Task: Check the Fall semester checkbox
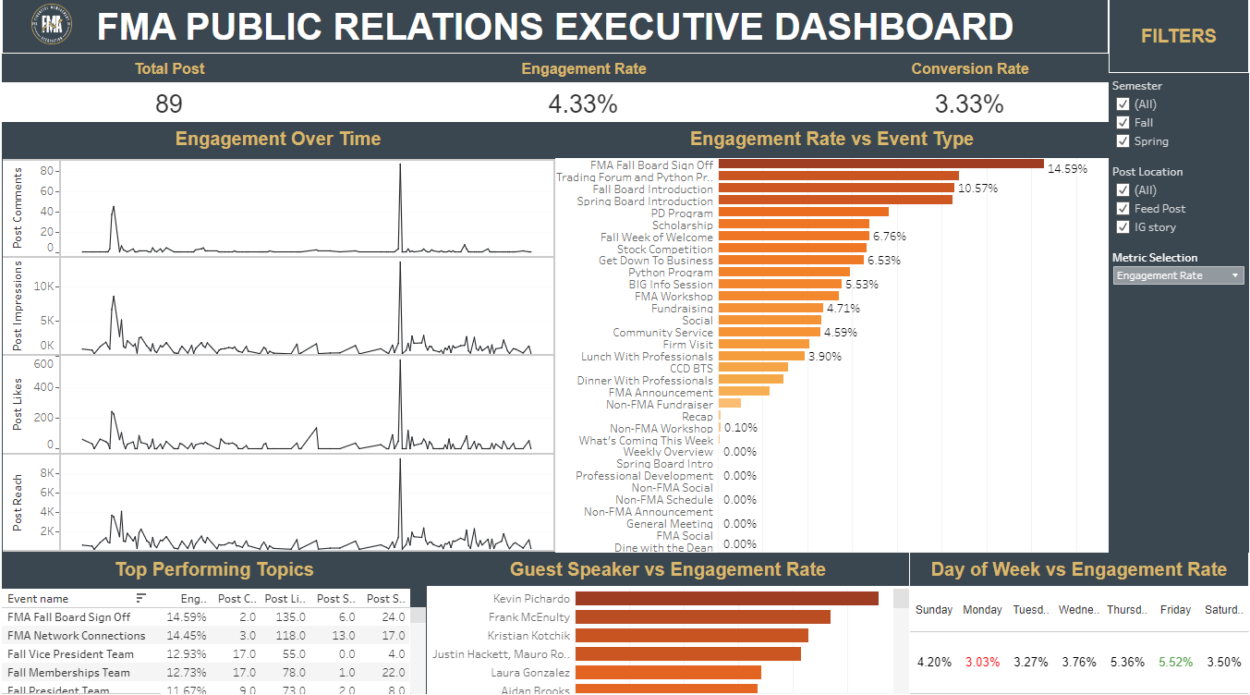1123,123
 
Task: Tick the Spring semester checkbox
1123,141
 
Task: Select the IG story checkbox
1123,227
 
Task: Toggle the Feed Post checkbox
1123,209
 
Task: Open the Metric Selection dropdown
1178,275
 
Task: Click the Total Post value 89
169,104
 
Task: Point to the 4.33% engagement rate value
583,104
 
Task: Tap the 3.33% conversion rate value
969,104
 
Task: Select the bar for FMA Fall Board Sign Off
880,165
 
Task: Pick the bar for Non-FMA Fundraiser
730,404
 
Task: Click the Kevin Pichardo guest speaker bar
726,599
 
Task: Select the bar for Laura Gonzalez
668,673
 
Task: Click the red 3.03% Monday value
981,662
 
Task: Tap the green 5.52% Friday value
1174,662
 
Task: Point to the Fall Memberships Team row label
68,673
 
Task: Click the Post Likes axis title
18,404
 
